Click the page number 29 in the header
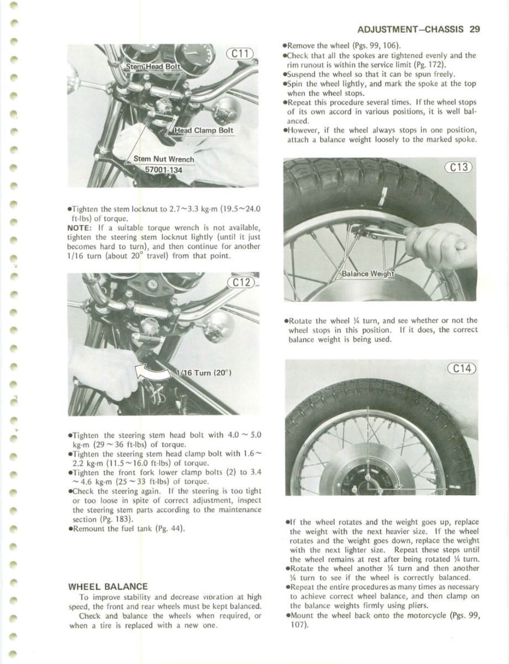pyautogui.click(x=474, y=29)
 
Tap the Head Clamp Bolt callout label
pyautogui.click(x=203, y=131)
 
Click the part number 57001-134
pyautogui.click(x=163, y=169)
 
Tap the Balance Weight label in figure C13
pyautogui.click(x=367, y=274)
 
